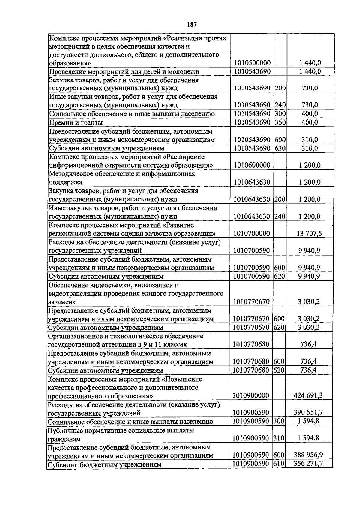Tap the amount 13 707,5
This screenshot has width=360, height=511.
point(309,234)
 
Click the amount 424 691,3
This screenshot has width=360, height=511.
point(308,395)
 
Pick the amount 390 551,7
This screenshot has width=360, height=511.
point(308,413)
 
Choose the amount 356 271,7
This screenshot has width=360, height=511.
point(308,464)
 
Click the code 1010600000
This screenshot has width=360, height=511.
point(252,165)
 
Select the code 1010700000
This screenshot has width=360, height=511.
point(252,234)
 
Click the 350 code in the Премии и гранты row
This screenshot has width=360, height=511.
point(280,122)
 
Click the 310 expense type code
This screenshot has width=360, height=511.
point(279,438)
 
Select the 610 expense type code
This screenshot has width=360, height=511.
point(279,464)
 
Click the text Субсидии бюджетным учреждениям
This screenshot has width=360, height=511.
point(105,464)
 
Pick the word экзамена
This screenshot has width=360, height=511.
point(62,302)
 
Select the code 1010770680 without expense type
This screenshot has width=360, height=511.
point(251,344)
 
